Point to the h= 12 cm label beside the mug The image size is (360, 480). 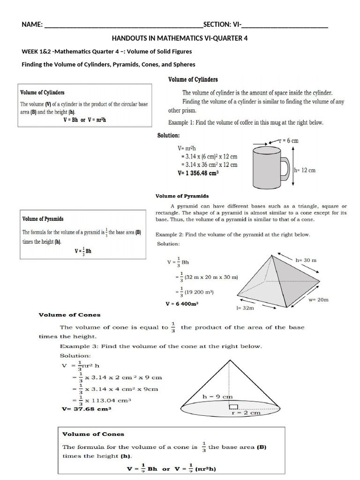click(304, 170)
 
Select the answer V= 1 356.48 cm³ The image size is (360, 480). click(198, 172)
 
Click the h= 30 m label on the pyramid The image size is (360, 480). click(306, 260)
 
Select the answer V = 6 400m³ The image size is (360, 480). click(182, 303)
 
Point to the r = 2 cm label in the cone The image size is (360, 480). click(246, 413)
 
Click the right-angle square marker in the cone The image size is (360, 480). click(233, 406)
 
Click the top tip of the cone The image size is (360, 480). click(229, 360)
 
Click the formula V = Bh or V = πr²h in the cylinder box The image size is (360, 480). click(85, 120)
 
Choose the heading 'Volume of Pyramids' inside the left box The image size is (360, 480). click(43, 219)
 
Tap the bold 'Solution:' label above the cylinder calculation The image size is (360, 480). click(168, 135)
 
